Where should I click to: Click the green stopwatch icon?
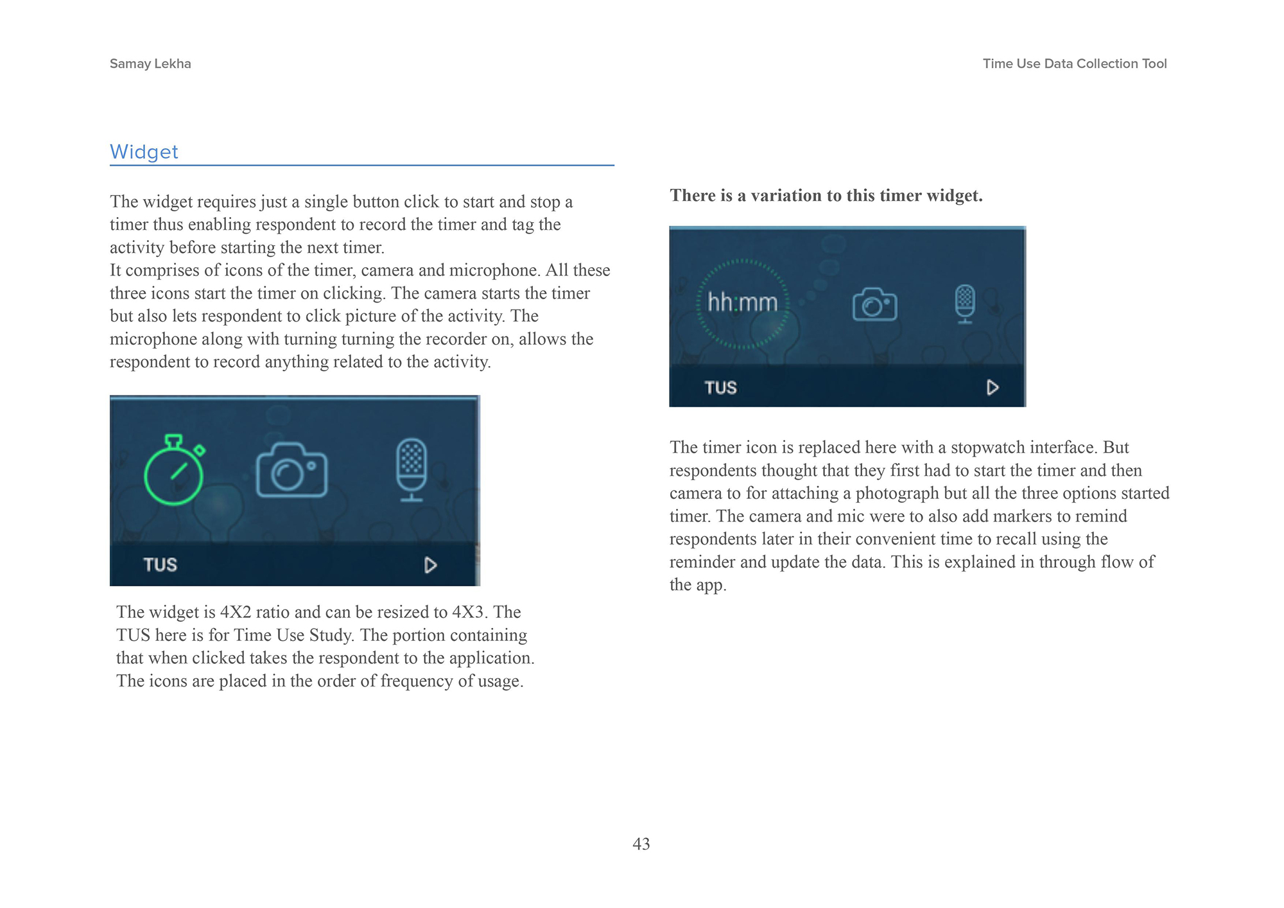(x=174, y=472)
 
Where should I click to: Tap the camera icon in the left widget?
(x=291, y=471)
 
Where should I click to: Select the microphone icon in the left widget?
(x=411, y=469)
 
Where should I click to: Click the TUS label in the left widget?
(x=160, y=565)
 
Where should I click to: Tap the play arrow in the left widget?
(x=431, y=565)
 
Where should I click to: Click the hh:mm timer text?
(x=742, y=302)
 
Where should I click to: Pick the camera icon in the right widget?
(x=874, y=304)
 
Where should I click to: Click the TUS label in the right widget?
(x=720, y=388)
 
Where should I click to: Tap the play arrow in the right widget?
(x=993, y=388)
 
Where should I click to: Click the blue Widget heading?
(x=144, y=152)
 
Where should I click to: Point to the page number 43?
(x=641, y=844)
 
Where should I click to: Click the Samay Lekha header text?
(x=150, y=64)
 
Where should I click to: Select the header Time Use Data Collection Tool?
(x=1074, y=64)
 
